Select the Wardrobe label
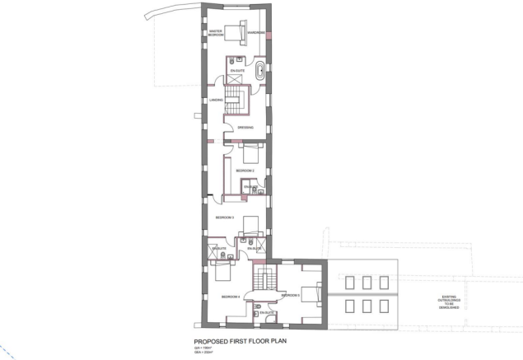(x=255, y=33)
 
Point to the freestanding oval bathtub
(x=261, y=69)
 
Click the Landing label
(x=217, y=101)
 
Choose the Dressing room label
(x=245, y=128)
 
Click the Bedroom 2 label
(x=245, y=170)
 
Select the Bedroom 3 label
(x=225, y=217)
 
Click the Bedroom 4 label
(x=230, y=296)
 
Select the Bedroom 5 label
(x=290, y=295)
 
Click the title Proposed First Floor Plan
(x=239, y=340)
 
